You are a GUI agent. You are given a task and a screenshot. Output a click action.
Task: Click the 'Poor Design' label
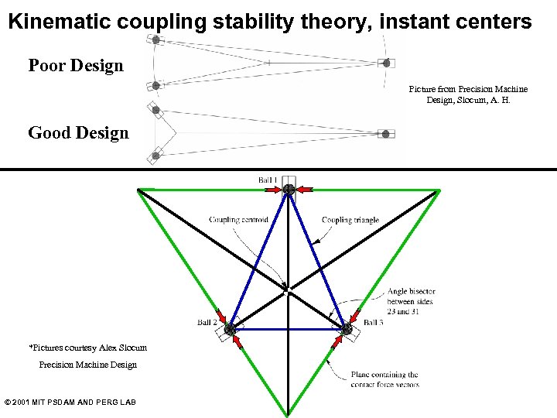(x=76, y=66)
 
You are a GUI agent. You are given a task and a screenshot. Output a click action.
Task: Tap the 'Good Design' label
(x=78, y=133)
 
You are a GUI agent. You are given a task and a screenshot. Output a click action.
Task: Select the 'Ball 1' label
(x=268, y=180)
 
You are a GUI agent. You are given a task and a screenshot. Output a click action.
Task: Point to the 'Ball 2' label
(x=208, y=322)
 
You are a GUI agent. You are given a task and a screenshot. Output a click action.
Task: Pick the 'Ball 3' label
(x=373, y=322)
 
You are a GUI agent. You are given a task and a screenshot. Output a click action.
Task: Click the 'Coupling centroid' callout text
(x=238, y=220)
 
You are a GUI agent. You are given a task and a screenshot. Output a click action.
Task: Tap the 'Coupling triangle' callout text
(x=350, y=220)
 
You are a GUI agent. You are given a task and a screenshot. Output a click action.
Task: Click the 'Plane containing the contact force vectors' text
(x=384, y=379)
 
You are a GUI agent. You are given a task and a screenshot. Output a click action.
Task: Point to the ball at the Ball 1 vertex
(x=289, y=189)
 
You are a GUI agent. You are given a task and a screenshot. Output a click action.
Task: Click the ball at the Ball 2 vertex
(x=230, y=330)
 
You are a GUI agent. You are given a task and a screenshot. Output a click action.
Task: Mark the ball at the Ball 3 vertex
(x=347, y=330)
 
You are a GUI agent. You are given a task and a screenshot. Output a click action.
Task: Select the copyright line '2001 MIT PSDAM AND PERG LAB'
(x=70, y=402)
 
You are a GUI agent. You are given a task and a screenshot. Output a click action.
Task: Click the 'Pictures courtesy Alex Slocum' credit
(x=87, y=348)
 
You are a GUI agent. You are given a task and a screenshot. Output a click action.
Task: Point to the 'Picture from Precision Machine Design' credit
(x=468, y=94)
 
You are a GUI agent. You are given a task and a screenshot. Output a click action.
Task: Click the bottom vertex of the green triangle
(x=288, y=415)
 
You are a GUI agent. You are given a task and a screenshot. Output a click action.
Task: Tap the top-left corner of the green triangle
(x=138, y=189)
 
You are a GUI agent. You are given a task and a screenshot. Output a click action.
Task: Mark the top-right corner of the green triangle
(x=439, y=189)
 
